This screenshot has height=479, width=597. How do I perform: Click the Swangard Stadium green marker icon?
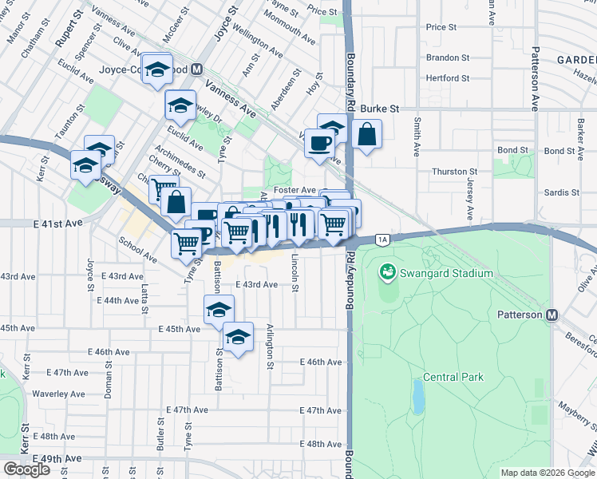click(388, 273)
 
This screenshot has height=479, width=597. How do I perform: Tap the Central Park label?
click(453, 377)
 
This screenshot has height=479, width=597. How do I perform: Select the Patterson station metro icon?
click(552, 315)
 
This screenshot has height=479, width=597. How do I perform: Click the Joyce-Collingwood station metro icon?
click(196, 69)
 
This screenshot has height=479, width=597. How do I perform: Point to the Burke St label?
click(379, 108)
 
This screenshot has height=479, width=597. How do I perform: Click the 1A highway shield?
click(382, 239)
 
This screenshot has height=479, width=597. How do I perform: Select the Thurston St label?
click(454, 172)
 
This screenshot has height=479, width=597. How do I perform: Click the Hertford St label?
click(448, 78)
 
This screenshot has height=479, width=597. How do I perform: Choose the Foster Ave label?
click(295, 190)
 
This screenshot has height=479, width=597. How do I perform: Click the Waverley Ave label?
click(59, 394)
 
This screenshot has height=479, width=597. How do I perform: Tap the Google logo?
click(27, 469)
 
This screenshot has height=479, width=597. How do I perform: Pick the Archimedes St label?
click(180, 162)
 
